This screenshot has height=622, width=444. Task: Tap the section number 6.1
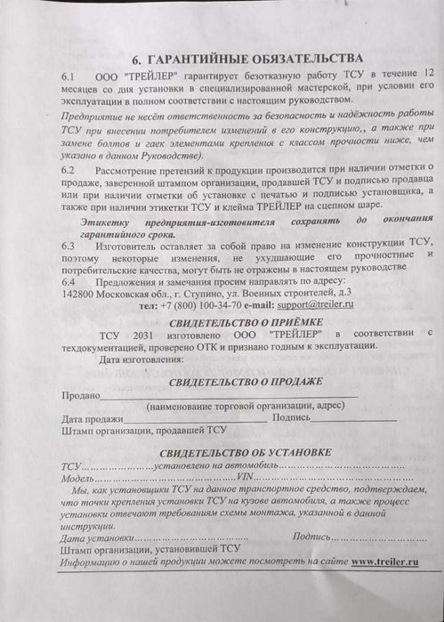70,77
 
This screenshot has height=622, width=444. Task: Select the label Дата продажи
93,418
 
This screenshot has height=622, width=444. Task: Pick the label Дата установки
98,538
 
